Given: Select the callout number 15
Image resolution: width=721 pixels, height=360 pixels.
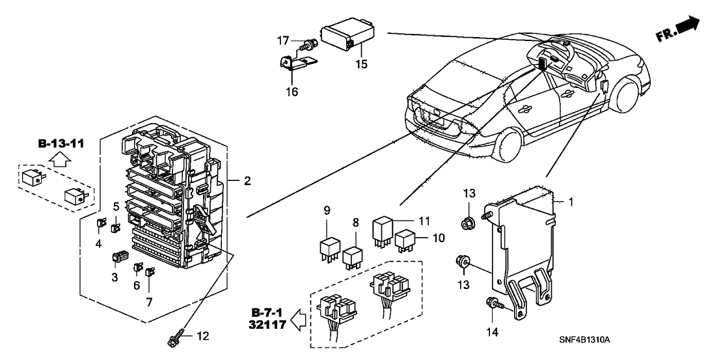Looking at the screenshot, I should (x=361, y=64).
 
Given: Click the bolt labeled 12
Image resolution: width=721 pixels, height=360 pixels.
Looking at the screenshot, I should (x=176, y=339).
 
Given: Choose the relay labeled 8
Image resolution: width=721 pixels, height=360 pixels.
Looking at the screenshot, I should (x=353, y=255).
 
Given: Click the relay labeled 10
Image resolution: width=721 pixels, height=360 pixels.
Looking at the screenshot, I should (x=407, y=240).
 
